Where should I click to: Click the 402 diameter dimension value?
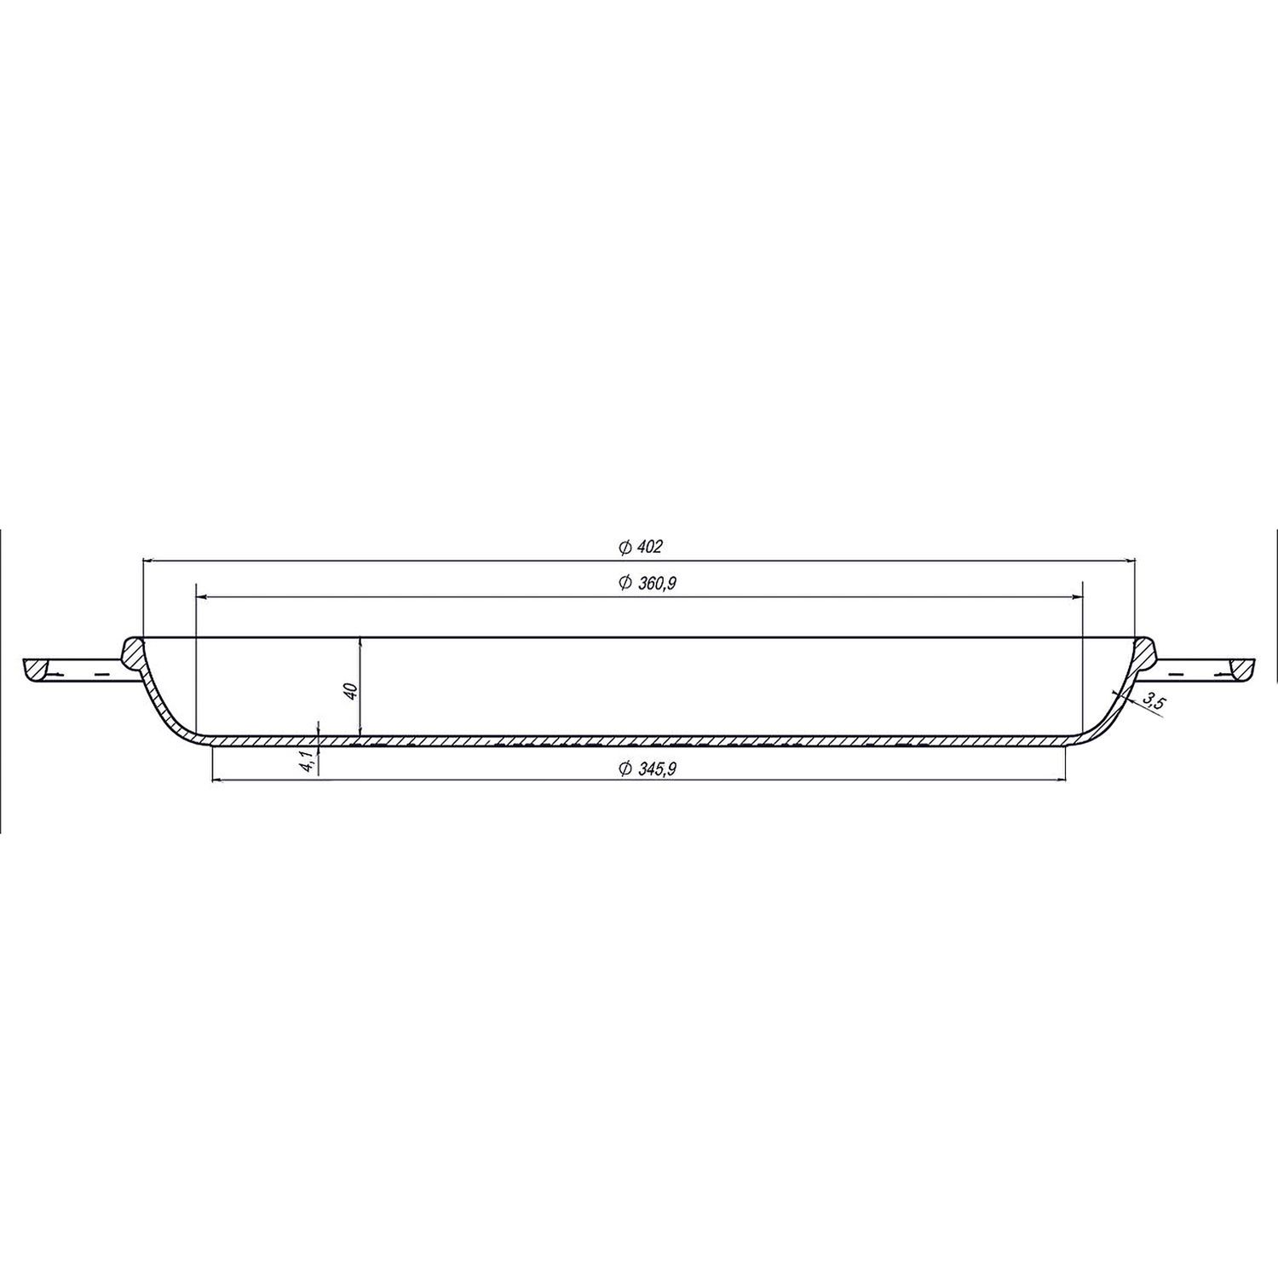point(648,546)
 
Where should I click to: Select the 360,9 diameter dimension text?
point(654,583)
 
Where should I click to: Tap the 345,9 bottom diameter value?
point(654,768)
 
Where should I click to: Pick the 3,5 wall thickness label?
point(1153,702)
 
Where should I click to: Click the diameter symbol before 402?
point(625,546)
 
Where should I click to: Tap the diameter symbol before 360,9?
point(625,583)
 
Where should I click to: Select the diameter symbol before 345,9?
point(625,768)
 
